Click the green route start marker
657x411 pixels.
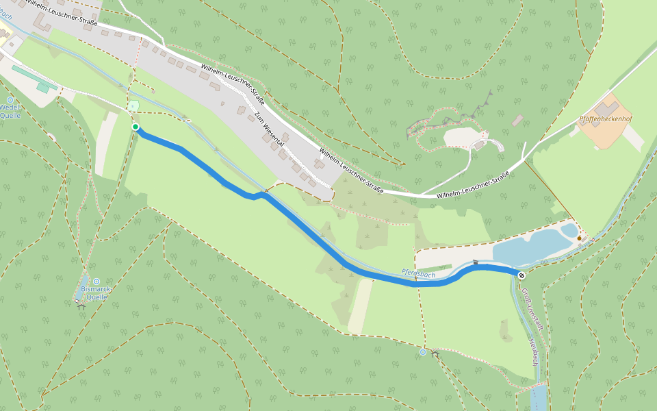[x=136, y=127]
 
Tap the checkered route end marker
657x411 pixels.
[x=521, y=275]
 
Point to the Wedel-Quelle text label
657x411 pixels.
[x=10, y=111]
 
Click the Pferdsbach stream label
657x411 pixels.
[x=418, y=274]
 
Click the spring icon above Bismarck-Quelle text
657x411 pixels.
[x=96, y=282]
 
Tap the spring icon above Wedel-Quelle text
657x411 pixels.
[x=10, y=100]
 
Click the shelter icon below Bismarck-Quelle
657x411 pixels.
[x=81, y=306]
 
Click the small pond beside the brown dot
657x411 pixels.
[x=569, y=230]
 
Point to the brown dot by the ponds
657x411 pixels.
[x=580, y=238]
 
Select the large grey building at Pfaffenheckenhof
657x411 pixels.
[x=606, y=108]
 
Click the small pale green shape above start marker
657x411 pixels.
[x=134, y=105]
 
